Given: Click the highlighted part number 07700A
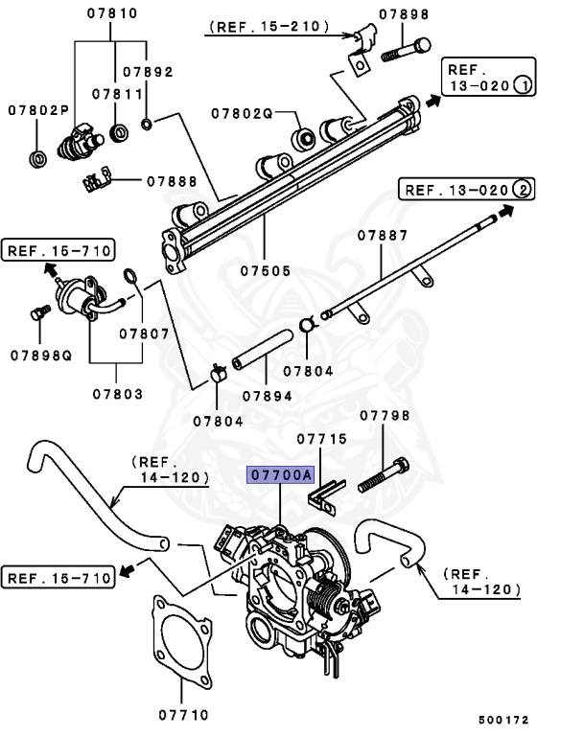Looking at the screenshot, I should [280, 475].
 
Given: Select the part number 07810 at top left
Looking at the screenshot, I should [112, 13].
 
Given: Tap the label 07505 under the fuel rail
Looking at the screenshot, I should [266, 271].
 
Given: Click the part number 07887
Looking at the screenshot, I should [383, 235].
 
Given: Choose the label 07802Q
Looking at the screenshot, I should [243, 114].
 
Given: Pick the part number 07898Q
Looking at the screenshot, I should [41, 355].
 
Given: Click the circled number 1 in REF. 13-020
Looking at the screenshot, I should [523, 86].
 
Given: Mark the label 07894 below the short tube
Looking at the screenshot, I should [267, 395].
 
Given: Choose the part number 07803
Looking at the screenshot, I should [118, 394].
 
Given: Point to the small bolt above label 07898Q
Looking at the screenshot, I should [39, 312].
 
